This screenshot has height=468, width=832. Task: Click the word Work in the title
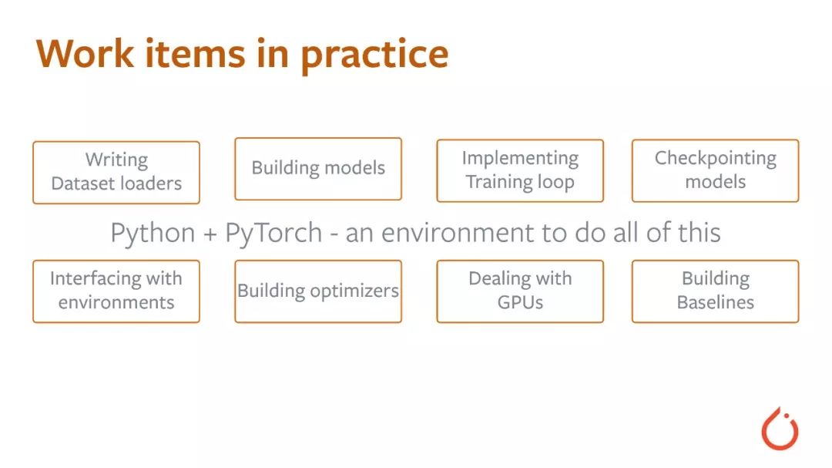[x=85, y=54]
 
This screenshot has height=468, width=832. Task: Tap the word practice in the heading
[x=374, y=56]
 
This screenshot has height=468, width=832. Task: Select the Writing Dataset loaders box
[x=116, y=172]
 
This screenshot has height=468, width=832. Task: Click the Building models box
[x=318, y=169]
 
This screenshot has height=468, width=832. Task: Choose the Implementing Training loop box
[x=520, y=170]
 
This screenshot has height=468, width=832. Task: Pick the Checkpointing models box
[x=715, y=170]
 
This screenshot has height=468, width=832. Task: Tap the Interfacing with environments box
[x=116, y=291]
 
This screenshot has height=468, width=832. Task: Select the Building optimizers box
[x=318, y=291]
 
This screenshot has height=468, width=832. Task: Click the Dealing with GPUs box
[x=520, y=291]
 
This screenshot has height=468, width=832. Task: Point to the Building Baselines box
[x=715, y=291]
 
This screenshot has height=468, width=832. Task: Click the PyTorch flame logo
[x=780, y=429]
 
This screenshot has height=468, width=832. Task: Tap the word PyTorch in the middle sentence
[x=273, y=234]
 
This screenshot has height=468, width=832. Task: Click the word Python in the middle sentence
[x=153, y=234]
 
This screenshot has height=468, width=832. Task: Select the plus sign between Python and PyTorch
[x=210, y=234]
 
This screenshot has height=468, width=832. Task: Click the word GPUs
[x=520, y=302]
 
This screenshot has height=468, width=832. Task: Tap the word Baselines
[x=715, y=302]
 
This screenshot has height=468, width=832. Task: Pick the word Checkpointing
[x=715, y=159]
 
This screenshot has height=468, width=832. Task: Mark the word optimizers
[x=354, y=291]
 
